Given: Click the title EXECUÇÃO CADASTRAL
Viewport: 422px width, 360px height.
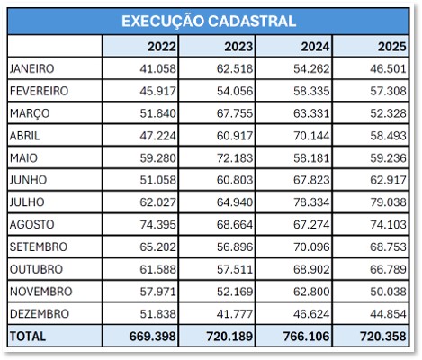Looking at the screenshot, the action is pyautogui.click(x=209, y=22).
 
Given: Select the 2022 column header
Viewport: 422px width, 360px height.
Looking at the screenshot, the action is pyautogui.click(x=162, y=47).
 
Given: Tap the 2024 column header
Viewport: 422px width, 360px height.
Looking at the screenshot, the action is pyautogui.click(x=315, y=47).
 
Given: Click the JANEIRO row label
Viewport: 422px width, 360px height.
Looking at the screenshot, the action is pyautogui.click(x=31, y=68).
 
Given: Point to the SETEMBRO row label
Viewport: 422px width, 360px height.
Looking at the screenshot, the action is pyautogui.click(x=39, y=247).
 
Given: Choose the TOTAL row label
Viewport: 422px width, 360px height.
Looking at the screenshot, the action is pyautogui.click(x=28, y=336).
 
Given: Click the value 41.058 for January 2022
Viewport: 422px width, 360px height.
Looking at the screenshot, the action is pyautogui.click(x=157, y=68).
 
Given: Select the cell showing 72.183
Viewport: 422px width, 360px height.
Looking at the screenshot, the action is pyautogui.click(x=235, y=157).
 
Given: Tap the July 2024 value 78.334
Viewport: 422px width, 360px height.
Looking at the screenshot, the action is pyautogui.click(x=311, y=202).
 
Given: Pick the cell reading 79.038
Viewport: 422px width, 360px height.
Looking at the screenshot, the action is pyautogui.click(x=389, y=202).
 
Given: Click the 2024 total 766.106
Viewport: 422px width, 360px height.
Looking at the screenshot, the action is pyautogui.click(x=306, y=336).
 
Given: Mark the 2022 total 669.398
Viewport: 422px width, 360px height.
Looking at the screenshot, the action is pyautogui.click(x=153, y=336).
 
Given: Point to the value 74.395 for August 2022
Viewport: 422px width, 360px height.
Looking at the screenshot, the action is pyautogui.click(x=157, y=224).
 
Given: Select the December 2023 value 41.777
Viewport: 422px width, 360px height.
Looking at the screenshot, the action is pyautogui.click(x=235, y=313).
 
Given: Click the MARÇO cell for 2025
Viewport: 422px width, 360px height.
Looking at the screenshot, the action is pyautogui.click(x=389, y=113).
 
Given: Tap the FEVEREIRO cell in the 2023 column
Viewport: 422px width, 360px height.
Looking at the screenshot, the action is pyautogui.click(x=235, y=91).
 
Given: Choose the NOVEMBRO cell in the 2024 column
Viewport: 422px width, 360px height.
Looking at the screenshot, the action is pyautogui.click(x=311, y=292).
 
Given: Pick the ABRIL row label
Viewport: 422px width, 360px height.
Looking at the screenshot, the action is pyautogui.click(x=24, y=136).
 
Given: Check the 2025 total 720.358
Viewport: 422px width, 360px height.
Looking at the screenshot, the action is pyautogui.click(x=383, y=336).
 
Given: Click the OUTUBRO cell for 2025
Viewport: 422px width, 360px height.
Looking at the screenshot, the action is pyautogui.click(x=389, y=269).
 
